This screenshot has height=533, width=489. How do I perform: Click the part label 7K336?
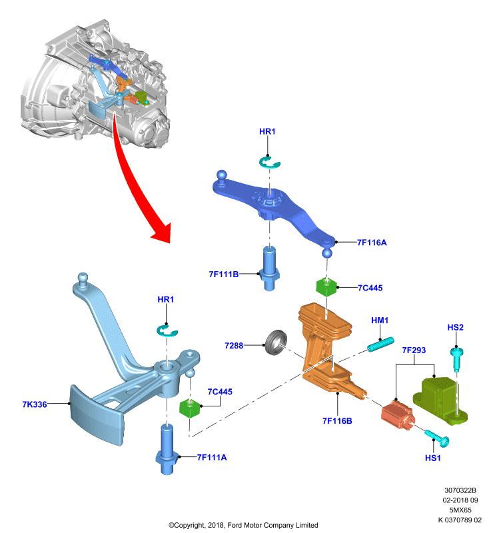[35, 404]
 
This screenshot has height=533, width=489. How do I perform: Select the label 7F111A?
[212, 457]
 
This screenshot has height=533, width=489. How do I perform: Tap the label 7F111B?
[223, 274]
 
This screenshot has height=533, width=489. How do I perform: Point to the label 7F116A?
[372, 243]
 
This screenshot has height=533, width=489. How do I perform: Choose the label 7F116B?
[337, 421]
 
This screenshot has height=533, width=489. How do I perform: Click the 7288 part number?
[234, 346]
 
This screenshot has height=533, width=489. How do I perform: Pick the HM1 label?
[380, 320]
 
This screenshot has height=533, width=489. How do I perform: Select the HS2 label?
[456, 327]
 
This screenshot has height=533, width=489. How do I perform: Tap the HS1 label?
[432, 458]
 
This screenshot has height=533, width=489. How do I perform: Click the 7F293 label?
[414, 350]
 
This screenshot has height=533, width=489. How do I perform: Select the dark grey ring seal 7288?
[276, 342]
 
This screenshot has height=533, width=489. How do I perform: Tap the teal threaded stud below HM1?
[380, 344]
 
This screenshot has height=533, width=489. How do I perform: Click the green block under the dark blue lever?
[326, 287]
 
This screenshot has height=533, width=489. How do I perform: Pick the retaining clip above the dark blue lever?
[269, 162]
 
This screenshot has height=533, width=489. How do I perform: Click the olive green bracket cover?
[440, 401]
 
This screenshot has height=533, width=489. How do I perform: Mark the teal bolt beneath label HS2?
[457, 359]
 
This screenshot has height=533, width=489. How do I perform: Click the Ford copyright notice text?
[243, 525]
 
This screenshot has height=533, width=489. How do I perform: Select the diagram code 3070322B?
[460, 490]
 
